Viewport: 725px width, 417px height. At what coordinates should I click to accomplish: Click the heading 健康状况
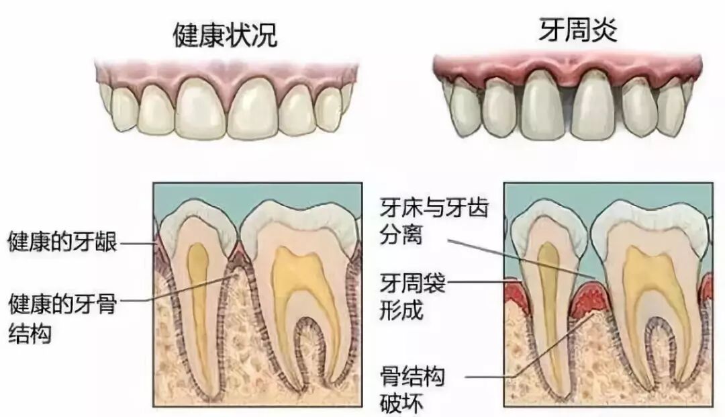pos(224,36)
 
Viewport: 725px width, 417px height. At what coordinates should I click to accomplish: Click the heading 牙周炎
pos(578,31)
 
